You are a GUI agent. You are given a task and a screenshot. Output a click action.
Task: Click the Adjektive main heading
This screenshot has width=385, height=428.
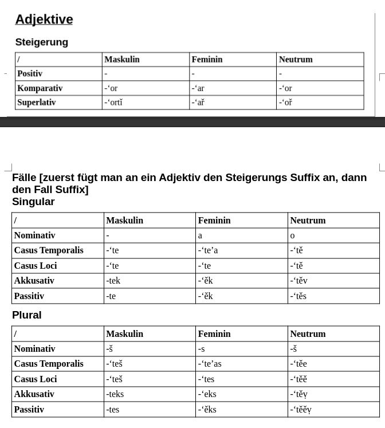click(44, 19)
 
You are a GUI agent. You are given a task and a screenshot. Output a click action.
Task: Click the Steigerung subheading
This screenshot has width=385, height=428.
click(42, 42)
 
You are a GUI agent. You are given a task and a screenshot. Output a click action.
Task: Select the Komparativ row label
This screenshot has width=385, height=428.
click(40, 88)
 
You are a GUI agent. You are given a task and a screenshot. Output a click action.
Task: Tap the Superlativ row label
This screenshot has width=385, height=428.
click(37, 103)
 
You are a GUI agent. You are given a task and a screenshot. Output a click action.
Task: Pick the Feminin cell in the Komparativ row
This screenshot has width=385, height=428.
click(198, 88)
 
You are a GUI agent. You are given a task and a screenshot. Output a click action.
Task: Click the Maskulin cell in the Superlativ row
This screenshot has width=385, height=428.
click(113, 103)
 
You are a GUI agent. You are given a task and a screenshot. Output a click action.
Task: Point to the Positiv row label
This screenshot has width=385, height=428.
click(30, 74)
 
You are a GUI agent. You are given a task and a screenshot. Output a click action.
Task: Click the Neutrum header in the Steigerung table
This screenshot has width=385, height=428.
click(296, 60)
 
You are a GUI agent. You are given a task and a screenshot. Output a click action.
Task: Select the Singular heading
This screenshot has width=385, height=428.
click(33, 202)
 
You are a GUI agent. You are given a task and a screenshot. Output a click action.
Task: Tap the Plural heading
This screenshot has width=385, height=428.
click(27, 315)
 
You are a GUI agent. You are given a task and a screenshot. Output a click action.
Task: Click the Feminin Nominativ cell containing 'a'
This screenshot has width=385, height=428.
click(200, 235)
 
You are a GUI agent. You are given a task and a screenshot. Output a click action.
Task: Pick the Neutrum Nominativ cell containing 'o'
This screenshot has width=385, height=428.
click(292, 235)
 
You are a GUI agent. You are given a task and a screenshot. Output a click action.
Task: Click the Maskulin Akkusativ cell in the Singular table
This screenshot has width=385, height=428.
click(113, 281)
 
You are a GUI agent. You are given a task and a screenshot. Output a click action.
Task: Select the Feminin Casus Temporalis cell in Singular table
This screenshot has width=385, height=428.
click(208, 250)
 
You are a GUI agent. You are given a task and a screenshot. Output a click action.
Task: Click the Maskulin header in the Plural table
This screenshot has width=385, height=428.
click(124, 334)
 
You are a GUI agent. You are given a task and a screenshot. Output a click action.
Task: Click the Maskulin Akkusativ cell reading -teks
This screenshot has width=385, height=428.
click(115, 394)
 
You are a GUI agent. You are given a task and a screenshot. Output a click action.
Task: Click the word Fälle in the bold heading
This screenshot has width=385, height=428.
click(24, 178)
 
